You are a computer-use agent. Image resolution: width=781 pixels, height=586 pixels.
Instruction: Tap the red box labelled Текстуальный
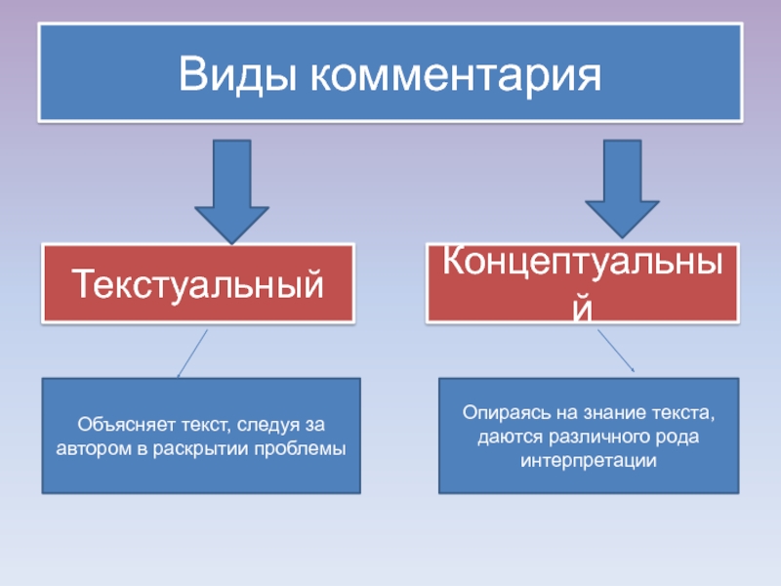coord(199,284)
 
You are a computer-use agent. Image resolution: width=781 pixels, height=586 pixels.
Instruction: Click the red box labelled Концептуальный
coord(582,284)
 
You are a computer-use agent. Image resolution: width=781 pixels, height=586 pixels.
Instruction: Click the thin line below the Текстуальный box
coord(192,353)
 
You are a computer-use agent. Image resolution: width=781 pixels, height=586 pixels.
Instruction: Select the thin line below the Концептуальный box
coord(616,350)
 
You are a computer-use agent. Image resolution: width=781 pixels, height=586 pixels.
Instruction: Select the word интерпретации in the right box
coord(587,458)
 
